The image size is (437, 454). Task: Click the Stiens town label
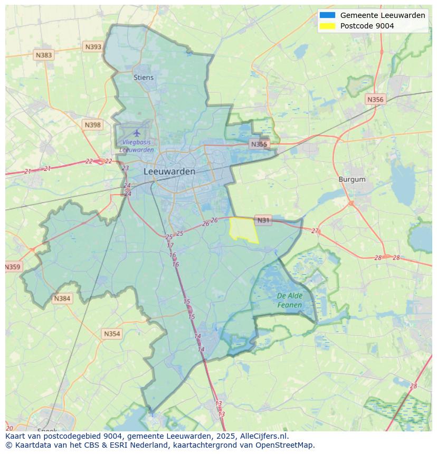coord(144,78)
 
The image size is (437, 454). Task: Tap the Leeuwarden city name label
coord(169,171)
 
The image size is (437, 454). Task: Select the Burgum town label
coord(352,179)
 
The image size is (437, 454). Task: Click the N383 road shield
coord(44,55)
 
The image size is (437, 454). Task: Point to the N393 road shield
coord(93,47)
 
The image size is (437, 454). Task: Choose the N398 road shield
coord(92,125)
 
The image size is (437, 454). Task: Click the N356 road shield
coord(375,99)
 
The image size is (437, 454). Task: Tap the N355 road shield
coord(259,144)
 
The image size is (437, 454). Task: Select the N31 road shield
coord(263,220)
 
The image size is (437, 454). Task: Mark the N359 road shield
coord(13,267)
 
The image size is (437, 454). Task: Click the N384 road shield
coord(62,298)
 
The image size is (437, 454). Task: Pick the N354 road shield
coord(112,334)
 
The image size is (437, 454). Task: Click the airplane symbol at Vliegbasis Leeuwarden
coord(137,133)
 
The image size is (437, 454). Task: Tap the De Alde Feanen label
coord(290,301)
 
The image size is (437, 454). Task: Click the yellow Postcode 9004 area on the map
coord(243,229)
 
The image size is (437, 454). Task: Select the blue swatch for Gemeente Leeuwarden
coord(327,15)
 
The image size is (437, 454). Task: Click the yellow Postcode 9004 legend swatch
coord(327,26)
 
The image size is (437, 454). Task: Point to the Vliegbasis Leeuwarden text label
coord(137,146)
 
